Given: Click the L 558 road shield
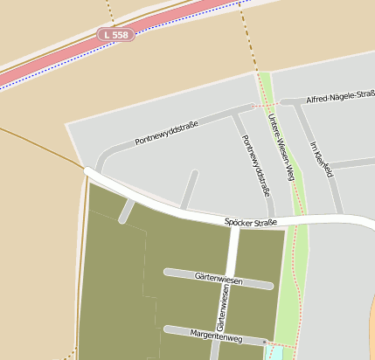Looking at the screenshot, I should pyautogui.click(x=115, y=35).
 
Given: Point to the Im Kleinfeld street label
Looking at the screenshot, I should pyautogui.click(x=322, y=159).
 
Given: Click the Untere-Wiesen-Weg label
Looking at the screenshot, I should pyautogui.click(x=286, y=149).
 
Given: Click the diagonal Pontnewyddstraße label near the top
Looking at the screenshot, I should pyautogui.click(x=167, y=133).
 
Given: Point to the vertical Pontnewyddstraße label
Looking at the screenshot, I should pyautogui.click(x=255, y=166).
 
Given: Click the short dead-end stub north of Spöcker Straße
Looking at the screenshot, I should pyautogui.click(x=189, y=189).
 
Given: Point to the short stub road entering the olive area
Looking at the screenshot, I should pyautogui.click(x=128, y=211).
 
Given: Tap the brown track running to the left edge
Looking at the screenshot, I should pyautogui.click(x=35, y=142).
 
